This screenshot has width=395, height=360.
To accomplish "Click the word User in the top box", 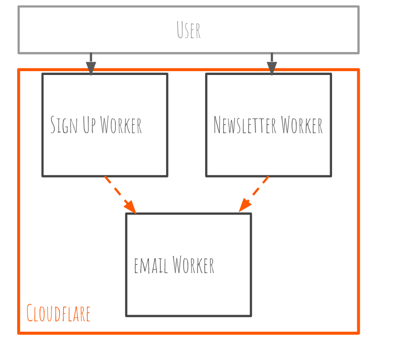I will pyautogui.click(x=188, y=30).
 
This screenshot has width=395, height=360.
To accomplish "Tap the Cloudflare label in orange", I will pyautogui.click(x=58, y=313).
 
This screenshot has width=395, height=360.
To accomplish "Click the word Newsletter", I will pyautogui.click(x=245, y=125).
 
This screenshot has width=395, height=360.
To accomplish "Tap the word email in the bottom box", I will pyautogui.click(x=151, y=265).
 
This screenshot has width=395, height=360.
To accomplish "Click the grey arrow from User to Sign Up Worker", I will pyautogui.click(x=91, y=61).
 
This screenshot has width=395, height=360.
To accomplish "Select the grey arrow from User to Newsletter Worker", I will pyautogui.click(x=272, y=61).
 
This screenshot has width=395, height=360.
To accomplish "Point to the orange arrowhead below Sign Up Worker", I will pyautogui.click(x=131, y=207).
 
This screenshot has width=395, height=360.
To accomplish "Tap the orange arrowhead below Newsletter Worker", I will pyautogui.click(x=244, y=206).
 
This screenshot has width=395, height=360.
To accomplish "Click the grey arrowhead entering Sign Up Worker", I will pyautogui.click(x=91, y=69).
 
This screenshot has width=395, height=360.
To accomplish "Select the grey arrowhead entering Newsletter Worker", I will pyautogui.click(x=272, y=69).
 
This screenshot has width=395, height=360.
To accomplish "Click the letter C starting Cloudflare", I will pyautogui.click(x=30, y=313).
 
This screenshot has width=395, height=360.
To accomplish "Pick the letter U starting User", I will pyautogui.click(x=180, y=30).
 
